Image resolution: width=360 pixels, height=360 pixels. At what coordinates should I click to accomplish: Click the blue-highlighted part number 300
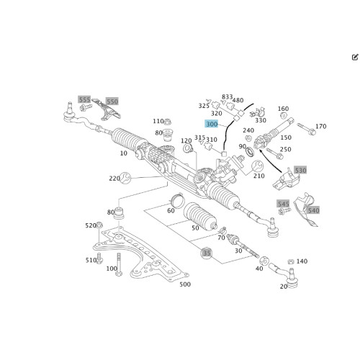pos(212,124)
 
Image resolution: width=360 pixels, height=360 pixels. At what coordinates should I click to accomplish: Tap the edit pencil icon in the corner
pos(355,57)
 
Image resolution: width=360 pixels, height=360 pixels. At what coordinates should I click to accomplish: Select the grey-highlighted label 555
pos(84,99)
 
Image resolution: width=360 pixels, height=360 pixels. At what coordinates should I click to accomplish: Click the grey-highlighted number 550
pos(112,102)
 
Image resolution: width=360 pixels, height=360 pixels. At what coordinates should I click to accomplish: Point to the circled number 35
pos(207,253)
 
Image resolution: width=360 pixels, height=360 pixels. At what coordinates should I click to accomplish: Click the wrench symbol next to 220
pos(125,178)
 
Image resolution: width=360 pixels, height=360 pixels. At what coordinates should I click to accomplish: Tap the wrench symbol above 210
pos(257,166)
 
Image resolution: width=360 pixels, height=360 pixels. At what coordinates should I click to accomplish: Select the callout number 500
pos(185,284)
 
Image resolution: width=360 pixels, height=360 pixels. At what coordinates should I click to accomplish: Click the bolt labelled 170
pos(306,129)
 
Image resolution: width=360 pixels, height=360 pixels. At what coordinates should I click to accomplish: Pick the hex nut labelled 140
pos(291,261)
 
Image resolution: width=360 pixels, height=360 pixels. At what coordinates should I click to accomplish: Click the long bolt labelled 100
pos(119,264)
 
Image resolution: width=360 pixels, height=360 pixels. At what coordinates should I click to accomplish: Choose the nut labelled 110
pos(167,121)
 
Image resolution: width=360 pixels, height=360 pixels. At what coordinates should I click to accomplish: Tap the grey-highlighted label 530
pos(300,171)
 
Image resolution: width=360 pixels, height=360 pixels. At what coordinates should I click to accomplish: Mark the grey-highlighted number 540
pos(314,210)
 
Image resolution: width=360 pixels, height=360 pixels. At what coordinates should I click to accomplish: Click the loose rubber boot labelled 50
pos(200,216)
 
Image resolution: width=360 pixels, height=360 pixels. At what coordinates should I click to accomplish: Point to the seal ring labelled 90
pos(250,152)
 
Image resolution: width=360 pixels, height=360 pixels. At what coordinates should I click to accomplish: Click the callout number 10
pos(124,153)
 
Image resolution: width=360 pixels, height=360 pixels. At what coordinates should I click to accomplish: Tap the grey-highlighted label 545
pos(283,204)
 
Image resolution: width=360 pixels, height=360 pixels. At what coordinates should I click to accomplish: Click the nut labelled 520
pos(99,225)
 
